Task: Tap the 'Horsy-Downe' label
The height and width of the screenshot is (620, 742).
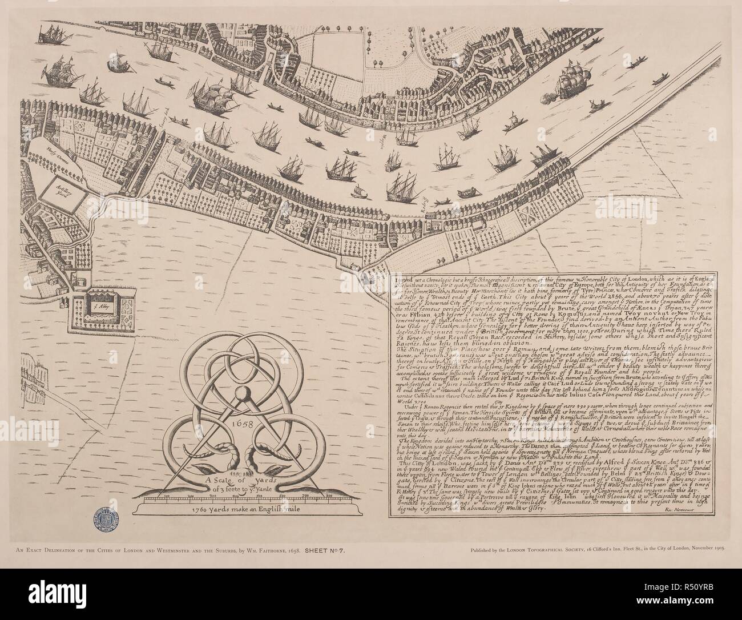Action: point(44,150)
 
